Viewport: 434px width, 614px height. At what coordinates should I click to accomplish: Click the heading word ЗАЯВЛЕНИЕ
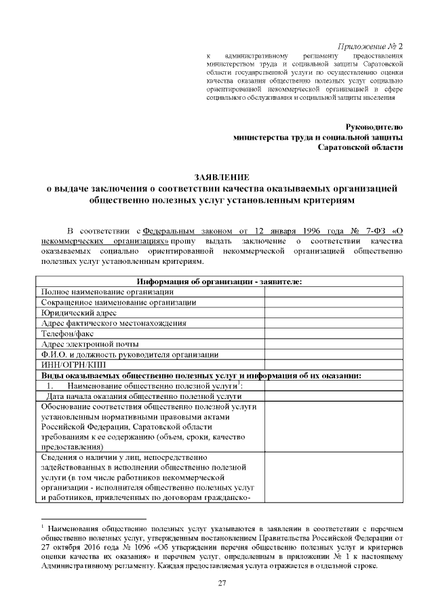coord(217,176)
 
